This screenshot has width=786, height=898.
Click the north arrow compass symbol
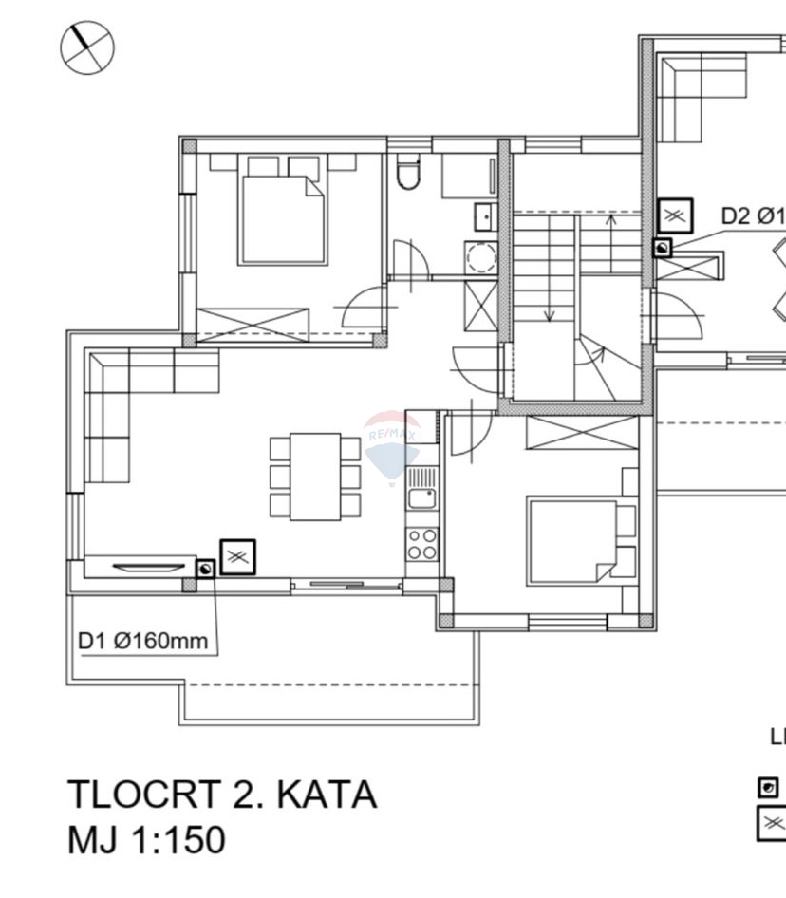[x=87, y=47]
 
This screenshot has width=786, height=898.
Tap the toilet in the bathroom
[x=408, y=175]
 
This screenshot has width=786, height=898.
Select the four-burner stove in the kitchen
[x=421, y=544]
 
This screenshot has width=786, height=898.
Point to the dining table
[x=315, y=477]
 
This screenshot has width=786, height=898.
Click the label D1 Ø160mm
[x=142, y=641]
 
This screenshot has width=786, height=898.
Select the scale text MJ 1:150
[x=146, y=840]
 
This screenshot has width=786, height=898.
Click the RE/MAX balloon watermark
[x=391, y=444]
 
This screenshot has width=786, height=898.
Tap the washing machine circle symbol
[x=481, y=257]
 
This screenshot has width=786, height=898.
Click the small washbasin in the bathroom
[x=485, y=216]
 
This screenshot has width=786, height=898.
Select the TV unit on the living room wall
[x=148, y=566]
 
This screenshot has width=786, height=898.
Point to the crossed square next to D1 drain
[x=237, y=557]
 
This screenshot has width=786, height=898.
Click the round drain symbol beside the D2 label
[x=663, y=248]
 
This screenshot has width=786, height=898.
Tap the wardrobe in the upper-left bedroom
[x=253, y=324]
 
